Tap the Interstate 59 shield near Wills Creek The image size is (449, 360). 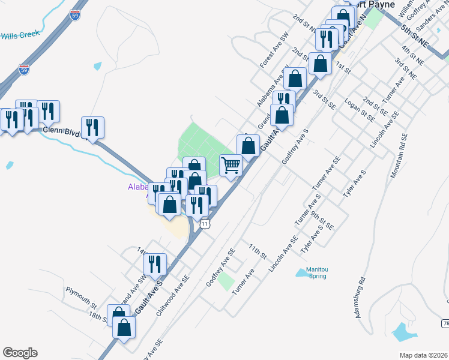(x=24, y=69)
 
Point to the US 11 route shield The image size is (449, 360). (x=206, y=223)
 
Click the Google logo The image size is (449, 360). (x=20, y=353)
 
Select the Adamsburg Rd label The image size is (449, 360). (x=360, y=297)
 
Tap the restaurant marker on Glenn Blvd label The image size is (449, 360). (x=92, y=127)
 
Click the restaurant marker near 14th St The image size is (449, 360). (x=156, y=263)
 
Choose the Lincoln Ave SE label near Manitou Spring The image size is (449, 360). (x=283, y=253)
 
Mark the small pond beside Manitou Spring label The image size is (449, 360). (x=302, y=273)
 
